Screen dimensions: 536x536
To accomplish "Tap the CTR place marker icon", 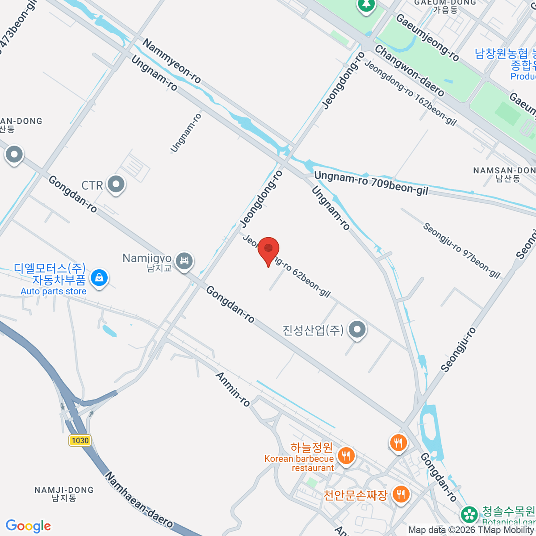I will [x=117, y=184].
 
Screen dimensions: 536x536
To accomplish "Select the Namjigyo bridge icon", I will [x=184, y=260].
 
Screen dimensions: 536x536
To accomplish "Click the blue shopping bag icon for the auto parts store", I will [x=99, y=278].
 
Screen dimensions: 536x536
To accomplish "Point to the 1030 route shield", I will [x=80, y=440].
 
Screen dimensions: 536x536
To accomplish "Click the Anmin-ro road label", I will [x=233, y=389].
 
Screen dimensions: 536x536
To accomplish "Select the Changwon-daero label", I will [x=410, y=71].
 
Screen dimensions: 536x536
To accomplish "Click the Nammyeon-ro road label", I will [x=172, y=61].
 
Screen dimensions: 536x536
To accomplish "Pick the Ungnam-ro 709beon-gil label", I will [x=371, y=184].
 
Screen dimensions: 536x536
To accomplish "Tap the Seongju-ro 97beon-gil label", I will [x=462, y=250].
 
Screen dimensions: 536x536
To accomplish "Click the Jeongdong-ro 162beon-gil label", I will [x=410, y=93].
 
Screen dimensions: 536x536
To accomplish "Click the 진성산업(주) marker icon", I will [x=356, y=330].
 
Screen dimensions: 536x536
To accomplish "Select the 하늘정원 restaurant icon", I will [x=346, y=456].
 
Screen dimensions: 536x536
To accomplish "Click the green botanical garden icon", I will [x=469, y=514].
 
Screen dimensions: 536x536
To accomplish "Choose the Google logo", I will [x=28, y=526].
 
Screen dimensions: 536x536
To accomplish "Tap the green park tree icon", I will [x=366, y=5].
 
